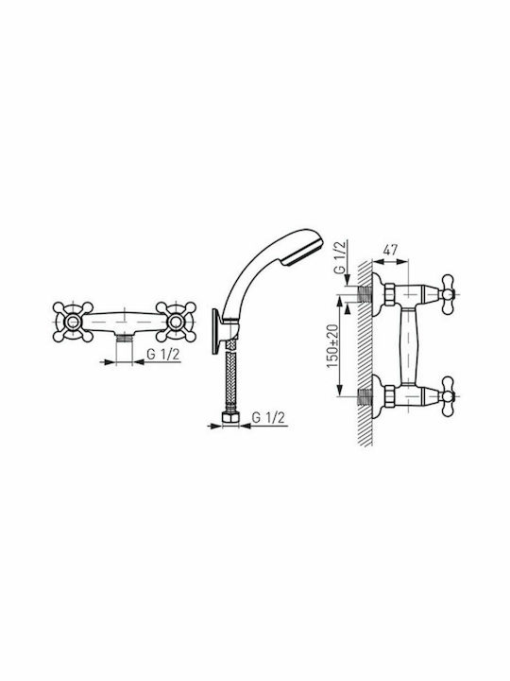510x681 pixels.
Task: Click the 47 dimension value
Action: [390, 250]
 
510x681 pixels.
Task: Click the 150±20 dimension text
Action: [332, 346]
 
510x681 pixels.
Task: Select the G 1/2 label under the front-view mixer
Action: [162, 355]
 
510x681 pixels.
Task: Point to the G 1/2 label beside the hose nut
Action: [268, 418]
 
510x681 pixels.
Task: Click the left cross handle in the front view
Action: [73, 322]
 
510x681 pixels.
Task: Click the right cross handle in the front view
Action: [176, 322]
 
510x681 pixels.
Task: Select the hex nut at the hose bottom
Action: [229, 417]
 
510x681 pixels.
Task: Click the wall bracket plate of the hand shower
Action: [214, 332]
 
